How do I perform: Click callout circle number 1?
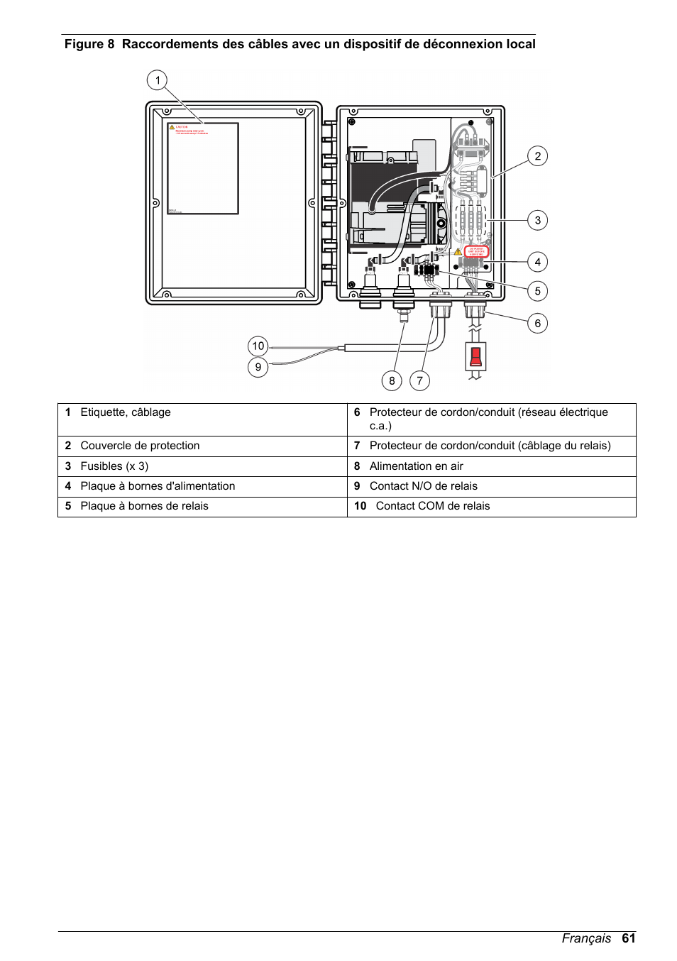158,79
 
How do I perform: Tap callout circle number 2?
537,156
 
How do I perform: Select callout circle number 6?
537,324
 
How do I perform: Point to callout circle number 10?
258,346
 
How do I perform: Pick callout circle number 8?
392,381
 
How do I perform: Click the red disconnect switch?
475,356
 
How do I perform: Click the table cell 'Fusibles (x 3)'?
114,466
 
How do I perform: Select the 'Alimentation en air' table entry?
416,466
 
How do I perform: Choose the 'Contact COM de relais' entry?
432,506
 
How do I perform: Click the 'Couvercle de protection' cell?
140,446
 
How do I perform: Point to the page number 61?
628,938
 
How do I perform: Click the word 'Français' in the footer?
586,938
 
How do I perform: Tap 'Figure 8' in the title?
89,44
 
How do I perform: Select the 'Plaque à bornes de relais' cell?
144,506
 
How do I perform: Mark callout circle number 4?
537,262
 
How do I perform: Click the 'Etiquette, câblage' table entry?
126,412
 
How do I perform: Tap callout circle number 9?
258,368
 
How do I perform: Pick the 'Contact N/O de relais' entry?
423,486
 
